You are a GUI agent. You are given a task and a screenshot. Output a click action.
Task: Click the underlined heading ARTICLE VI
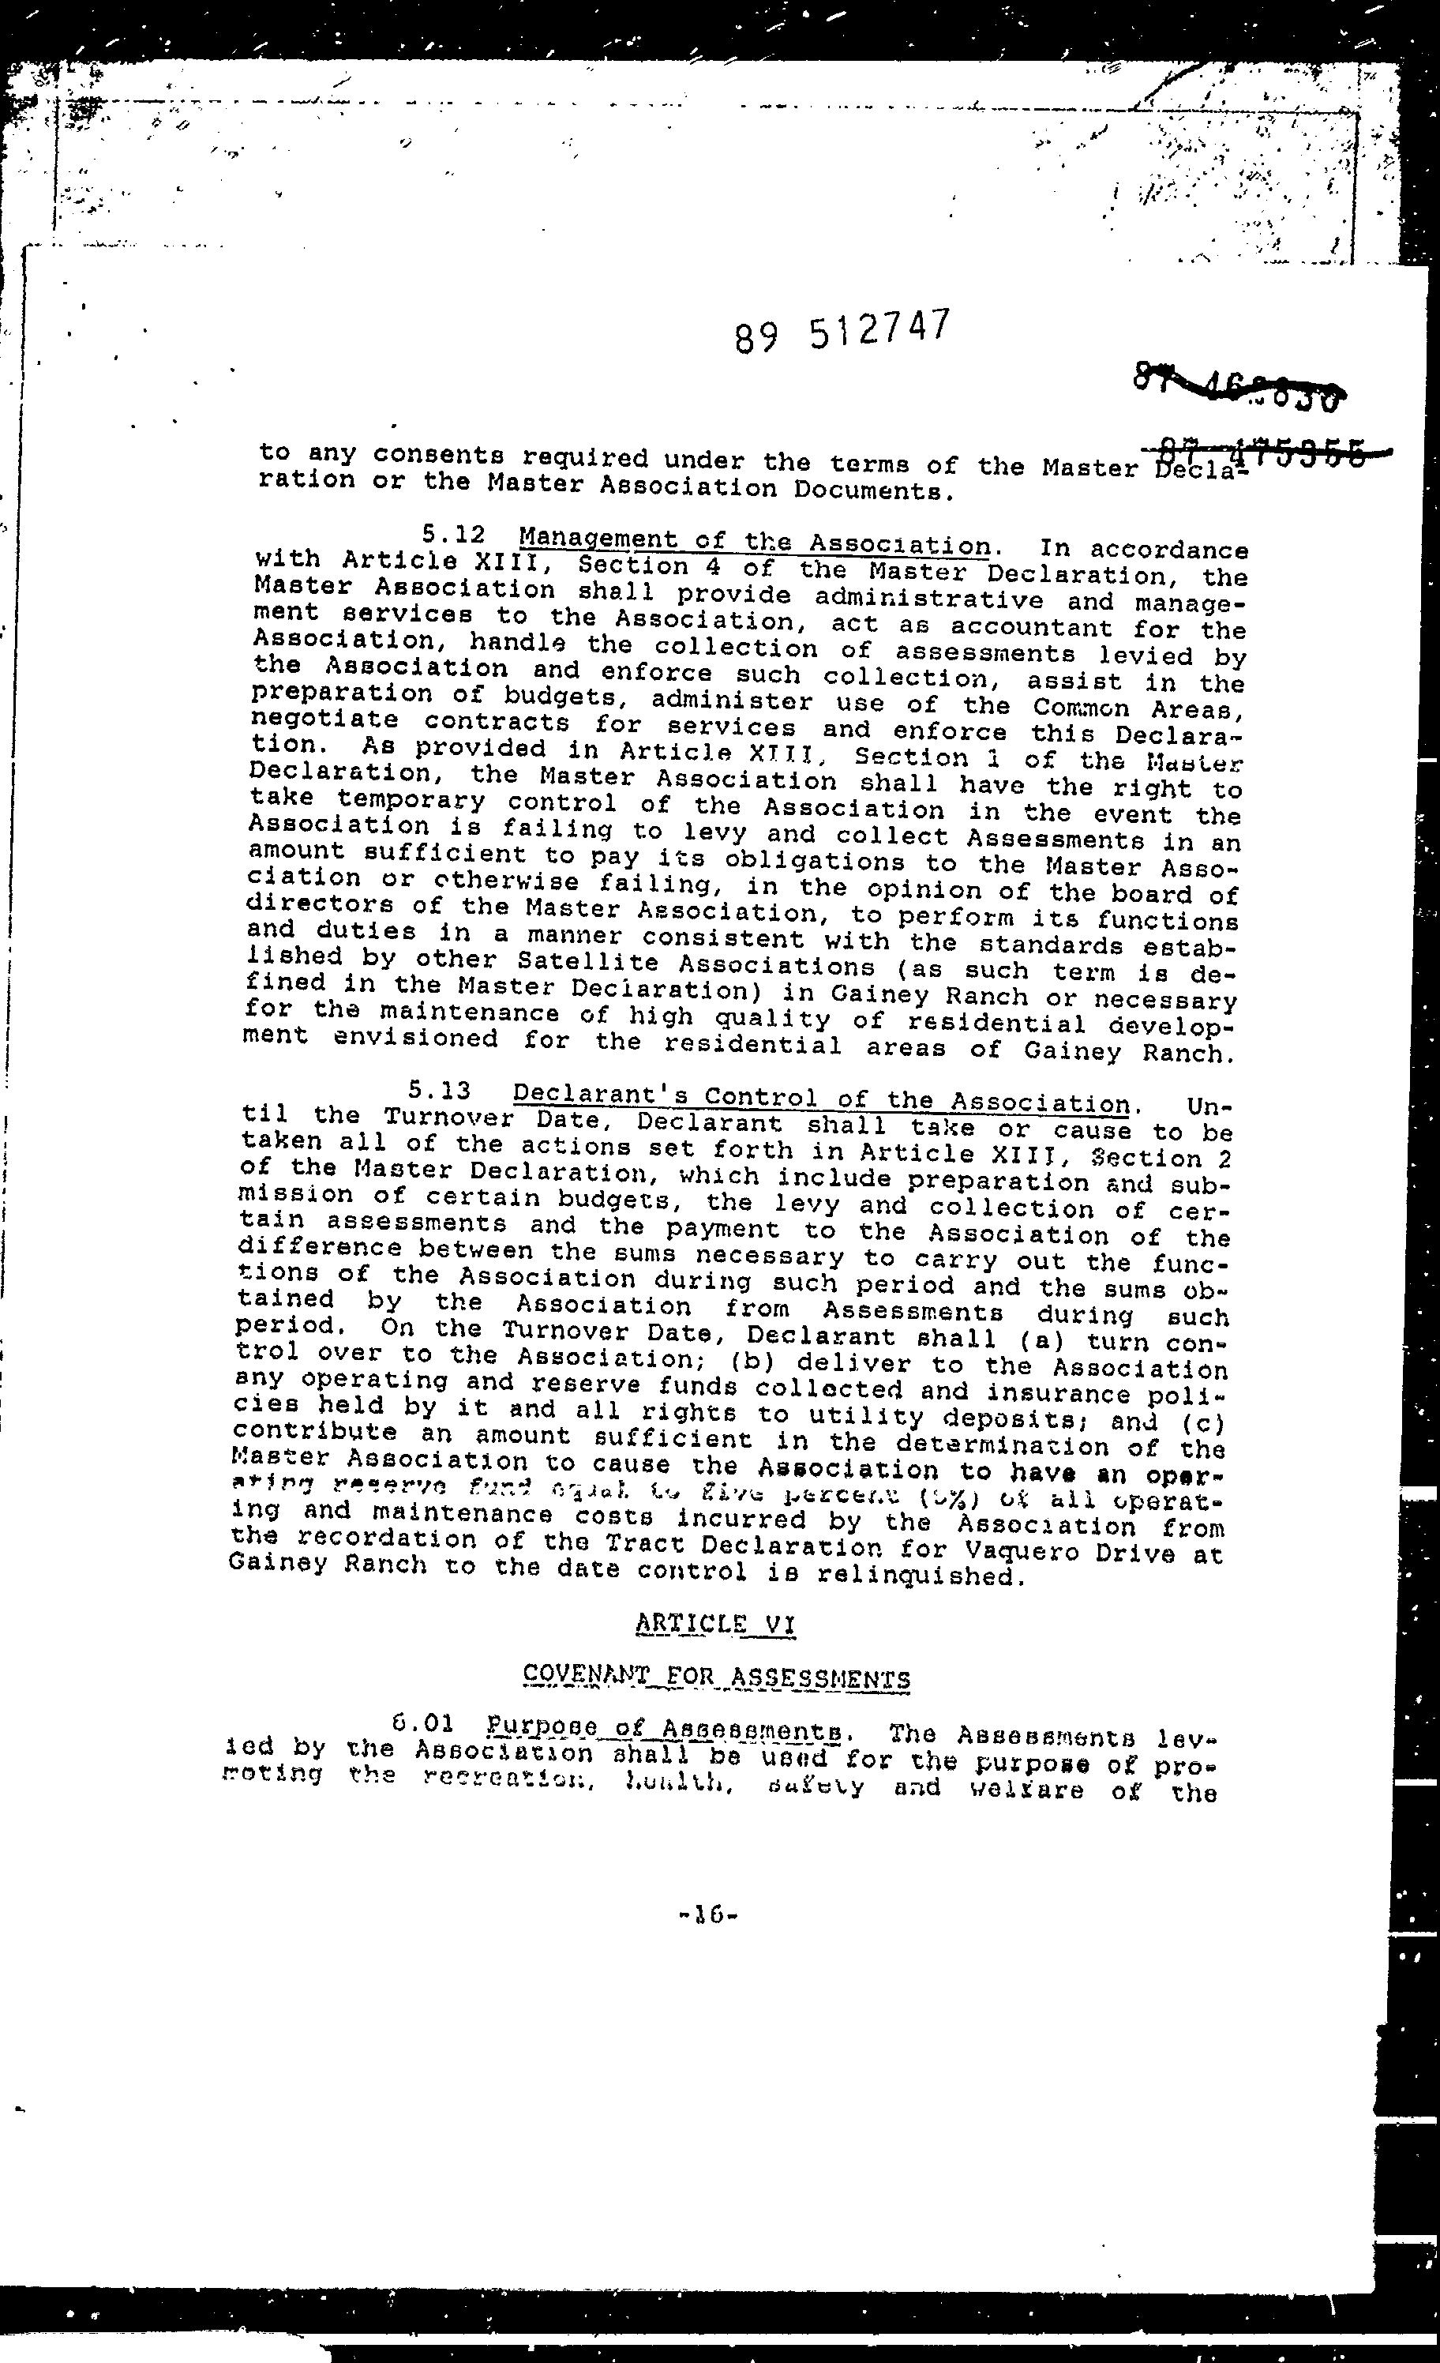(715, 1623)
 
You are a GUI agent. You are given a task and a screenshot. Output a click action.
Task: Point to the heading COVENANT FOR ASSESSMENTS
(716, 1677)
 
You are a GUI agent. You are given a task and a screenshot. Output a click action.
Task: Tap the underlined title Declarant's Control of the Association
(821, 1098)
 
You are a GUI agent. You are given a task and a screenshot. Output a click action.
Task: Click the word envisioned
(415, 1039)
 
